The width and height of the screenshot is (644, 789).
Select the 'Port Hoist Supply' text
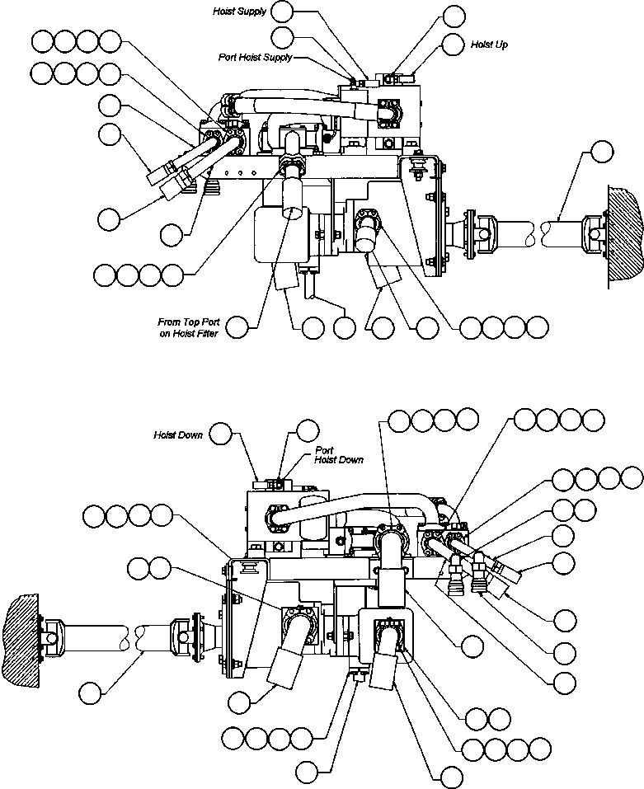pos(256,58)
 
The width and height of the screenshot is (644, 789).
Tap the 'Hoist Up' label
pos(488,43)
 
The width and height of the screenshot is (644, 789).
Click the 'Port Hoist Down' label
pos(339,455)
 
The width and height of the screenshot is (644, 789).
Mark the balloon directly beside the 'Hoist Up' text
pos(452,44)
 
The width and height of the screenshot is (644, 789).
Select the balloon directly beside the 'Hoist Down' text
pos(222,433)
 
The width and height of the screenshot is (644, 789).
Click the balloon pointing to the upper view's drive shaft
pos(603,151)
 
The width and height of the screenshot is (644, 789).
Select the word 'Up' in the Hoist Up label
pos(500,43)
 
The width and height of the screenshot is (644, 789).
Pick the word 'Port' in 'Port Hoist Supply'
pos(228,58)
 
